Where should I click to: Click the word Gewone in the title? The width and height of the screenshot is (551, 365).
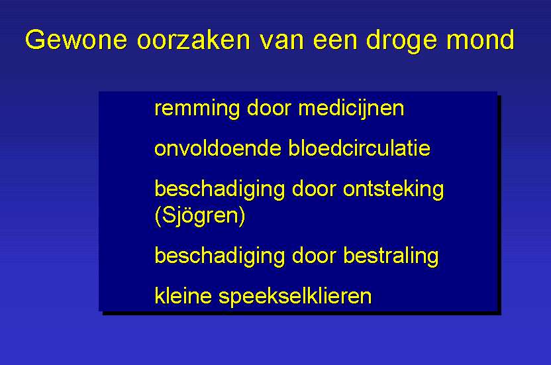[76, 40]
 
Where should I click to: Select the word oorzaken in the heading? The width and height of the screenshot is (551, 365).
[193, 39]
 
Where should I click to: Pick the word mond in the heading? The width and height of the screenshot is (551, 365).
[480, 39]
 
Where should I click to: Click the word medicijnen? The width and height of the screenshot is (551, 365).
[351, 108]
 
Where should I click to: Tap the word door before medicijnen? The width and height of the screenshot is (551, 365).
[269, 107]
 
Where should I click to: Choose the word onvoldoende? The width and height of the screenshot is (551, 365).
[218, 148]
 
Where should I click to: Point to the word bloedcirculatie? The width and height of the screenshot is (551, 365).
[359, 148]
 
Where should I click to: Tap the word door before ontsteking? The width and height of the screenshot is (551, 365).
[314, 189]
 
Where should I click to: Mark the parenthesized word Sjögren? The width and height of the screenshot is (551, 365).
[199, 215]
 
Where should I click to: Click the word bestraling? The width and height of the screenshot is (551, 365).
[391, 256]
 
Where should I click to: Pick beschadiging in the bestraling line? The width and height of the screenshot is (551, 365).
[220, 256]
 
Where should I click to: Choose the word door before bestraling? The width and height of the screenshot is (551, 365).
[314, 255]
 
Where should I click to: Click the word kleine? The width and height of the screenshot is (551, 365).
[183, 295]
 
